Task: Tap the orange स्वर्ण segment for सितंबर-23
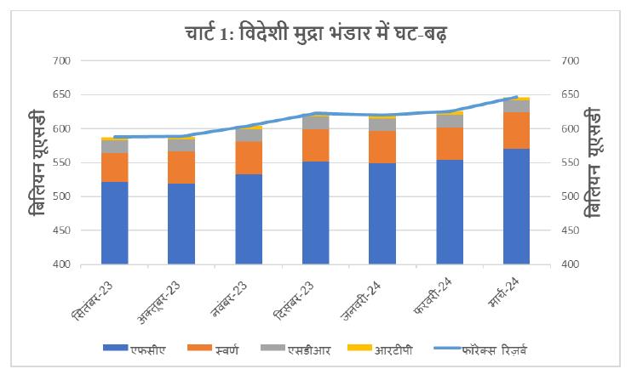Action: pyautogui.click(x=114, y=167)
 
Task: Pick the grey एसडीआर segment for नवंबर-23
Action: pyautogui.click(x=249, y=135)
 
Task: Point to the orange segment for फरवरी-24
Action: pyautogui.click(x=449, y=144)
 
